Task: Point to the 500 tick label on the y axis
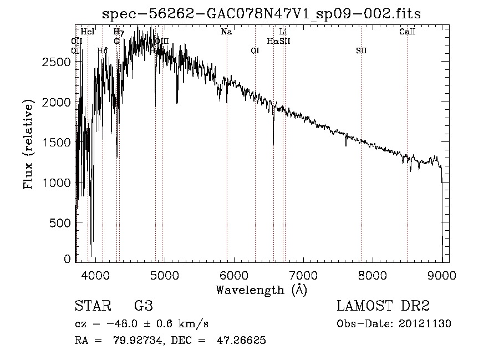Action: (60, 223)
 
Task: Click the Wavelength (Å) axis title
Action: (261, 290)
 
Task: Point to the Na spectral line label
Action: (226, 32)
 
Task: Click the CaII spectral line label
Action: (408, 32)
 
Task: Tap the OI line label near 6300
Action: (255, 51)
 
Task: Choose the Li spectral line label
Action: (283, 32)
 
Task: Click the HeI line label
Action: (88, 32)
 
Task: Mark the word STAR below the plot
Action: (92, 306)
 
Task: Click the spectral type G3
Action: (143, 306)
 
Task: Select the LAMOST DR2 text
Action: (383, 306)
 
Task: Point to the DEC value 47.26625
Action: (243, 341)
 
